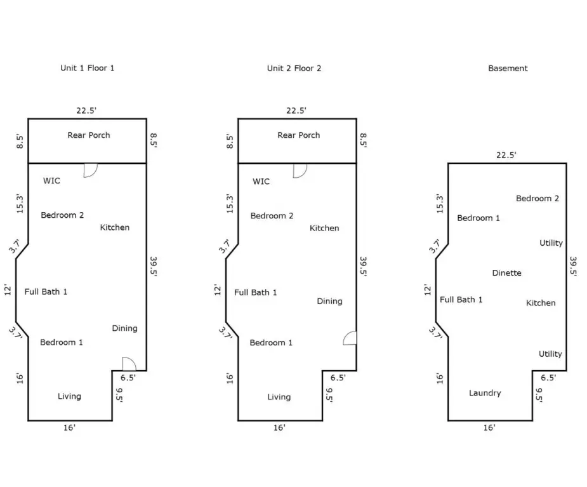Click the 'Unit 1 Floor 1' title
(87, 68)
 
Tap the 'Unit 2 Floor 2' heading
(294, 68)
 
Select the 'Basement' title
(508, 68)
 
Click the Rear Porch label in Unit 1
(89, 135)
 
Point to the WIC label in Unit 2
(261, 182)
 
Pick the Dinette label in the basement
(506, 273)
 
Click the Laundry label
(485, 393)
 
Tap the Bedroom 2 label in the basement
(538, 199)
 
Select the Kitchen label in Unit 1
(115, 227)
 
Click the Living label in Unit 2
(279, 397)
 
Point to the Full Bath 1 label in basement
(461, 300)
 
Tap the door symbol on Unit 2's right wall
(350, 338)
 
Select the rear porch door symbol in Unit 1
(90, 170)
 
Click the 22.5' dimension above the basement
(506, 155)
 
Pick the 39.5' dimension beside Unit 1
(154, 267)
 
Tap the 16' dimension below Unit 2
(279, 428)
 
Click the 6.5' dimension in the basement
(548, 377)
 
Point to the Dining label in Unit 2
(329, 302)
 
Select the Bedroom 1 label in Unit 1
(62, 343)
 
